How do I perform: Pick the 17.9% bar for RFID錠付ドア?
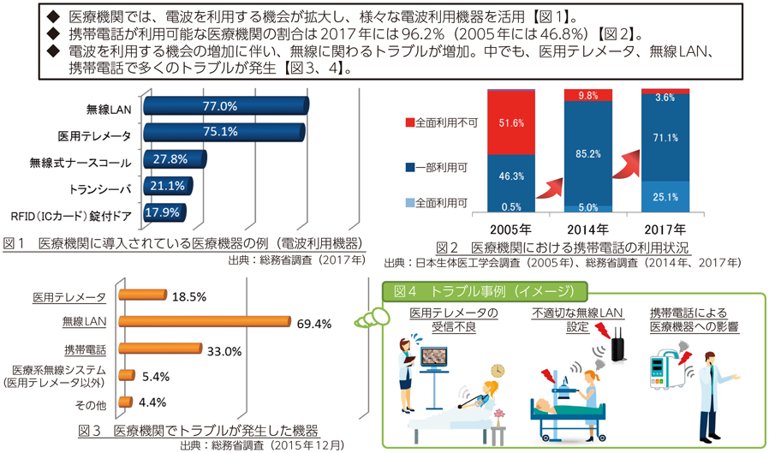coord(163,213)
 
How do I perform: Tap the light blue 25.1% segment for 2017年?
coord(665,196)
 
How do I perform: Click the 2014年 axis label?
coord(588,229)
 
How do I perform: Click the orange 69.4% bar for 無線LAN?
coord(206,322)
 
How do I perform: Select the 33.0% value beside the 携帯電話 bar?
coord(224,350)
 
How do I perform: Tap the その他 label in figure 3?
coord(92,402)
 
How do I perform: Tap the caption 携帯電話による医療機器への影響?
coord(694,319)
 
